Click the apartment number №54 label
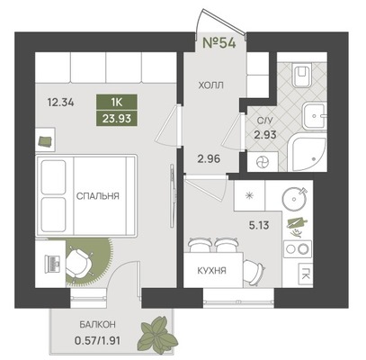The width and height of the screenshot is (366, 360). coord(219,42)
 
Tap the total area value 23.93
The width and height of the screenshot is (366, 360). coord(117,119)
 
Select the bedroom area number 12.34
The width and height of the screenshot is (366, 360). coord(60,103)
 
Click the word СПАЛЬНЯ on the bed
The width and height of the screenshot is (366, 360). coord(98,196)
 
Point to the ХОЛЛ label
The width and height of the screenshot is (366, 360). coord(211,85)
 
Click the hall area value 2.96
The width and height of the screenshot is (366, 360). coord(209,158)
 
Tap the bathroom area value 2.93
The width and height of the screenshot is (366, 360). coord(265,135)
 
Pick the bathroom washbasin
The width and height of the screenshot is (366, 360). coord(314,115)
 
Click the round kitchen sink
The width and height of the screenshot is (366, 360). coord(295,198)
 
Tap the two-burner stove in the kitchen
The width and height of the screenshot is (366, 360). coord(298,249)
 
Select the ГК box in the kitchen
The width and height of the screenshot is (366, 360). coord(305,274)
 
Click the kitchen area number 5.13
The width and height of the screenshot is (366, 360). coord(259,225)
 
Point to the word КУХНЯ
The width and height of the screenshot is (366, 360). coord(212,271)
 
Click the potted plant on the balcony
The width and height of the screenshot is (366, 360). coord(158,332)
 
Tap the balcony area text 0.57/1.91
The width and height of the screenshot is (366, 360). coord(97,340)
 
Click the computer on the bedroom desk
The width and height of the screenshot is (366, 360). coord(52,264)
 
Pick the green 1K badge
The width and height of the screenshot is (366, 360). coord(117,103)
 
